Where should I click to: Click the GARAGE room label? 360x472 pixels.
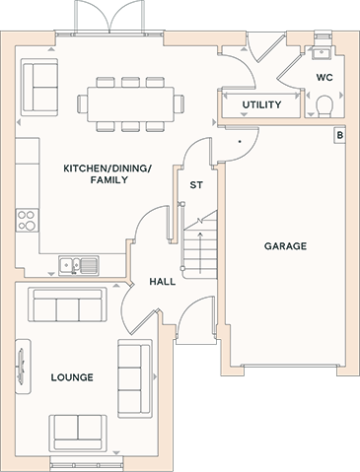tap(285, 246)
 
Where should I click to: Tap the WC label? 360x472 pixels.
tap(324, 78)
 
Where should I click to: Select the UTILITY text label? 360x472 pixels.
tap(261, 104)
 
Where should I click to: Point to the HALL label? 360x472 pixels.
tap(163, 282)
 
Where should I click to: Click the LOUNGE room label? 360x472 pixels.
tap(72, 377)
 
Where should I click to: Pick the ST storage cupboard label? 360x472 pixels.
tap(196, 185)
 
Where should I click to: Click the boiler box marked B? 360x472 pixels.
tap(340, 135)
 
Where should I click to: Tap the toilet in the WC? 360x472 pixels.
tap(324, 106)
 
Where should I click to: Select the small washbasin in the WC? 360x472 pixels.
tap(322, 52)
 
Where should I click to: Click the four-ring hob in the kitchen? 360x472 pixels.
tap(27, 220)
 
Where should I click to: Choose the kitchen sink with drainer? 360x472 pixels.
tap(79, 265)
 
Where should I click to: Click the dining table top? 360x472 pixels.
tap(130, 104)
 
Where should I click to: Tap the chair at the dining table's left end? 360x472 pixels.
tap(82, 103)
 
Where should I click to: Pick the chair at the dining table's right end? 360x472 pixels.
tap(179, 103)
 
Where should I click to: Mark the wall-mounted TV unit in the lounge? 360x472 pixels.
tap(23, 366)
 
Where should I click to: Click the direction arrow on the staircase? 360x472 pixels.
tap(200, 253)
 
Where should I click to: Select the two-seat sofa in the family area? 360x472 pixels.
tap(39, 87)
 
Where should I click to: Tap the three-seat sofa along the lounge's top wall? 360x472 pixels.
tap(67, 304)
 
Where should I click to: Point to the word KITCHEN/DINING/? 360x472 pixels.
tap(108, 169)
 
